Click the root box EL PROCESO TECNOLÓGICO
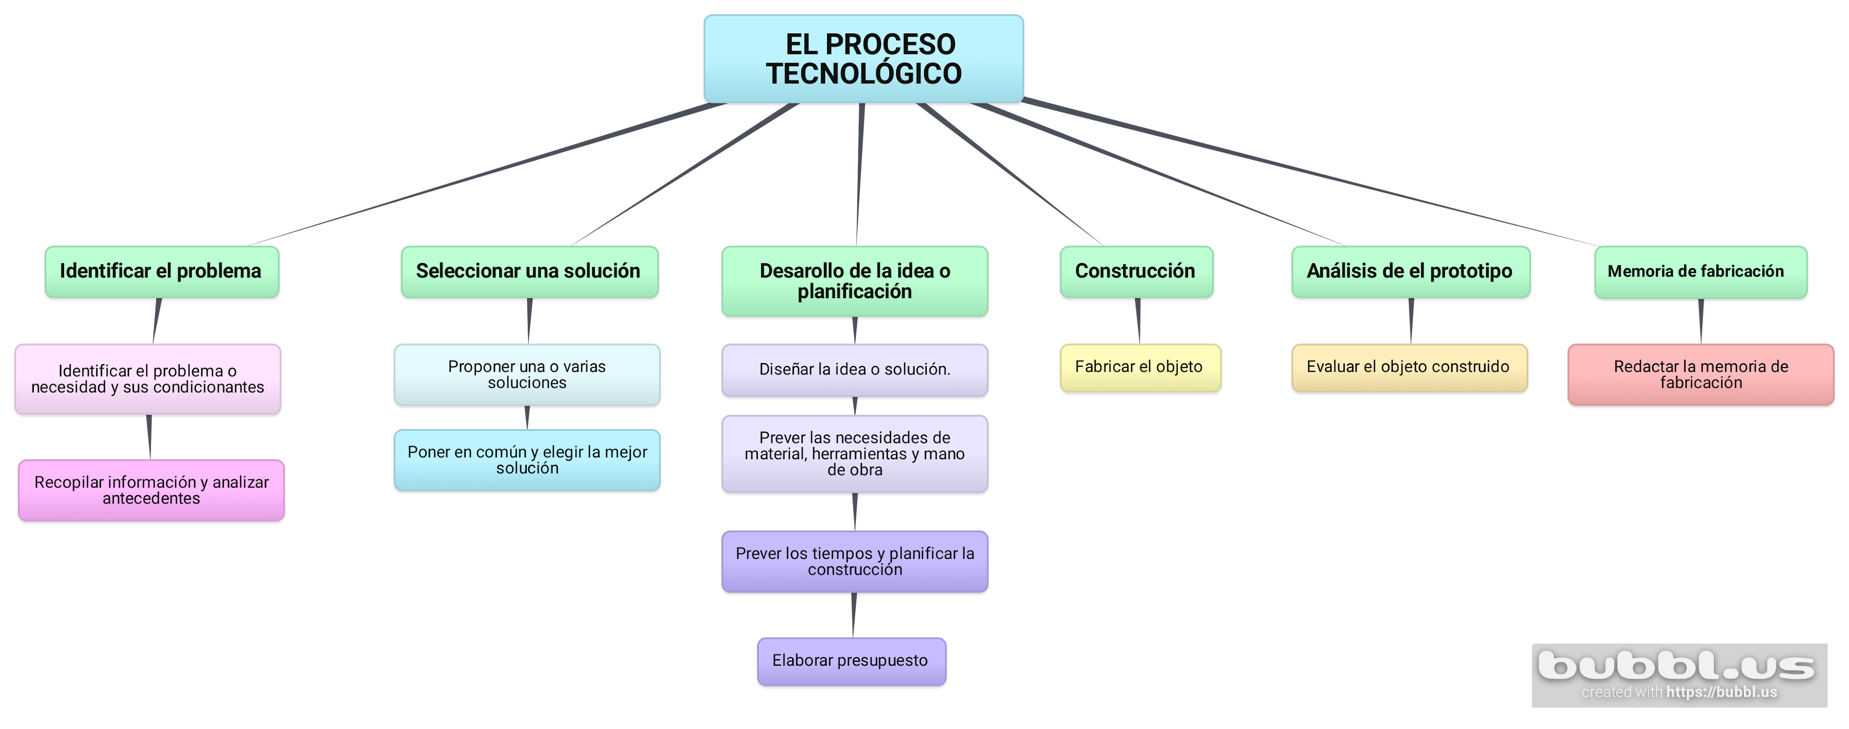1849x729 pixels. point(864,59)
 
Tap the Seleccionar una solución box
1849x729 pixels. point(529,271)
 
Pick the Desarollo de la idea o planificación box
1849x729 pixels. point(854,281)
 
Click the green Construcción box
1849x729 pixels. point(1136,271)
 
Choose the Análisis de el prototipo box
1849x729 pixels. point(1410,271)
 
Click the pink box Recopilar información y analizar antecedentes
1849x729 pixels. point(152,490)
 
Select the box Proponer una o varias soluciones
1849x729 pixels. point(527,374)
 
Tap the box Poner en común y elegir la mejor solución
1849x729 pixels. point(527,460)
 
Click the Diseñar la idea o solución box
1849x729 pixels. point(854,369)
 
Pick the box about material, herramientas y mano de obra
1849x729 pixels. point(854,453)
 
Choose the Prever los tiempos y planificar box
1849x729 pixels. point(854,561)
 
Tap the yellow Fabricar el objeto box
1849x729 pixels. point(1140,367)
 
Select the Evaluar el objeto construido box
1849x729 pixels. point(1409,367)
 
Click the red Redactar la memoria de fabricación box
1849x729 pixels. point(1700,374)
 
